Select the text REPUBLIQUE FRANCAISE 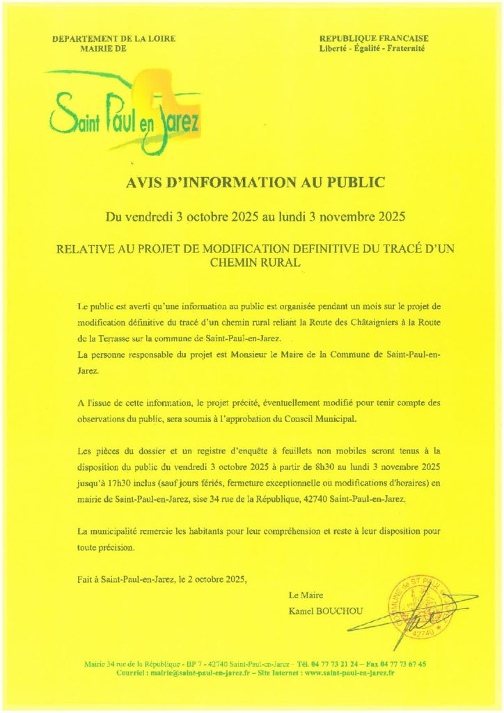(x=374, y=38)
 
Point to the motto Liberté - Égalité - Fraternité (x=374, y=49)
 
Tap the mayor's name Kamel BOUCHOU (x=325, y=611)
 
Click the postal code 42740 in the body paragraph (x=326, y=499)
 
